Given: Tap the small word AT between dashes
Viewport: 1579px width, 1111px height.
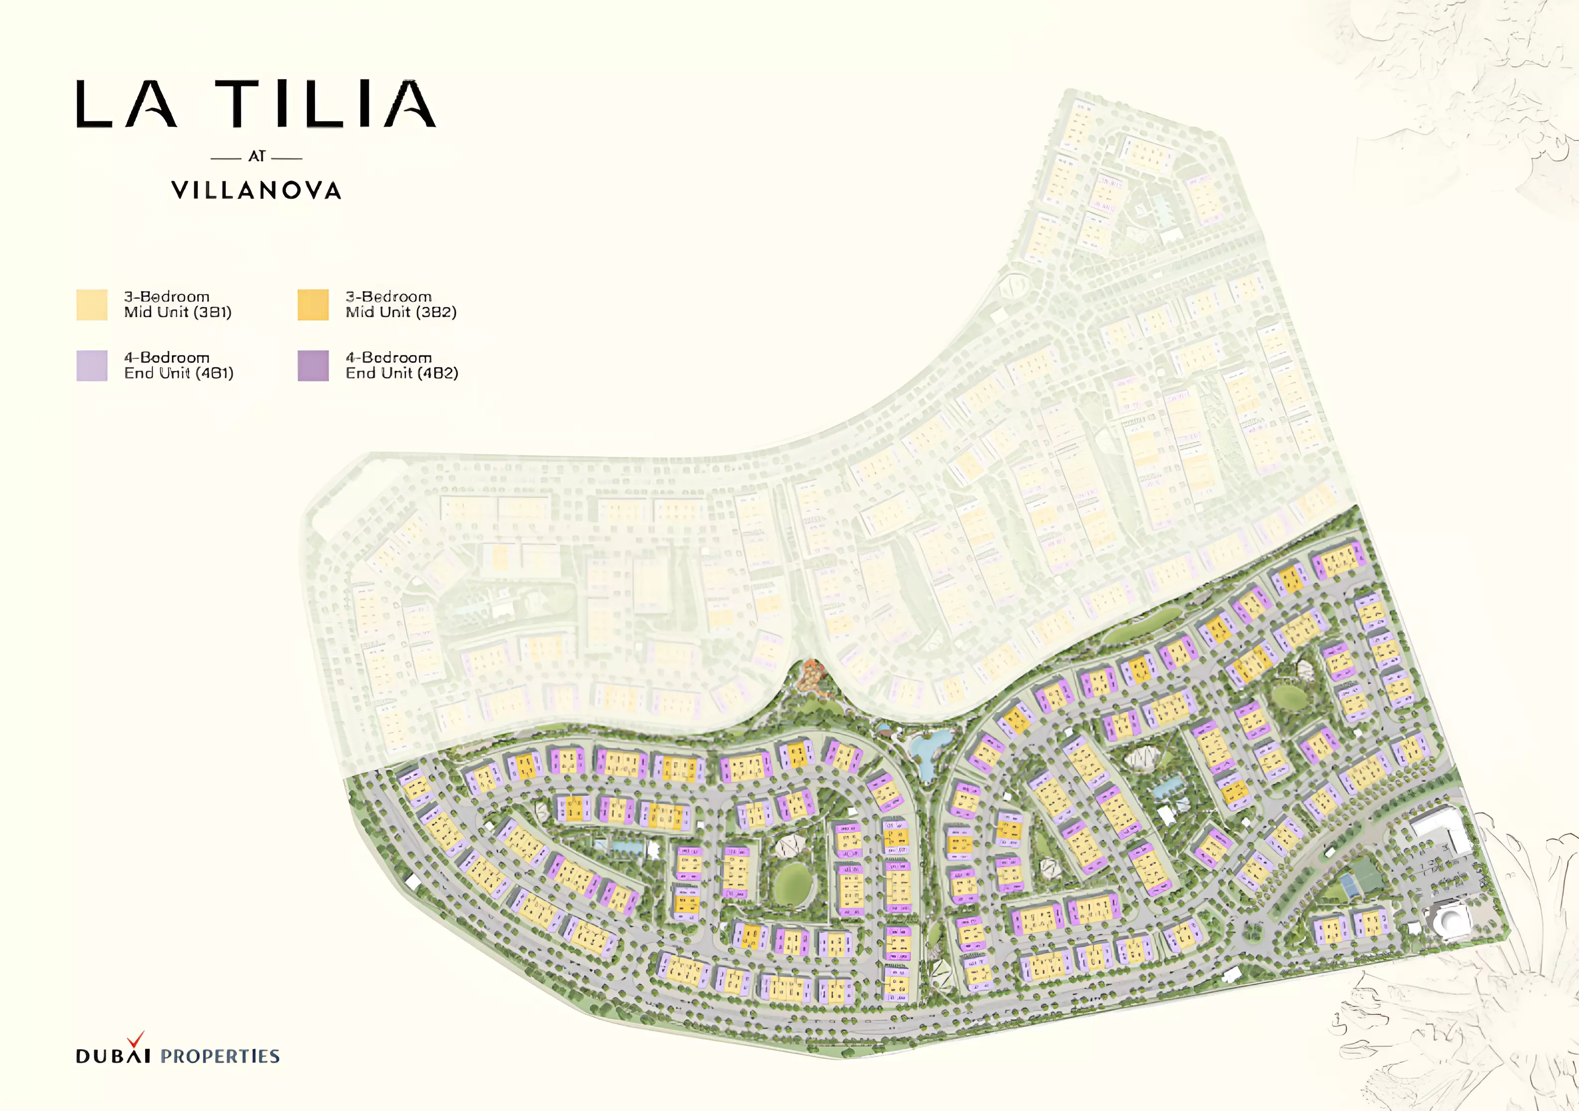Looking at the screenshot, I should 257,157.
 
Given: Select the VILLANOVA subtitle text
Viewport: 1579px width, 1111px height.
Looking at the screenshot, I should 257,190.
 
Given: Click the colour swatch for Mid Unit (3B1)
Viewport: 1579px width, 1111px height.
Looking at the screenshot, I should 92,305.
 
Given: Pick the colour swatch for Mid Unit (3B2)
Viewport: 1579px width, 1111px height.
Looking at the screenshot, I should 313,305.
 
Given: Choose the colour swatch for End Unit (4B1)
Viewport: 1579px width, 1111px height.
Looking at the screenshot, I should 92,366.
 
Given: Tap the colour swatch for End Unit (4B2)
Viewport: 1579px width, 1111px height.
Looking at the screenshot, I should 313,366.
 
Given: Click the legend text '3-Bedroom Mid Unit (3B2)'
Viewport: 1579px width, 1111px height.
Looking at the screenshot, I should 400,304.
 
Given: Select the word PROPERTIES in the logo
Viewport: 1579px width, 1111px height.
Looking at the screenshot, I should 220,1056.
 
